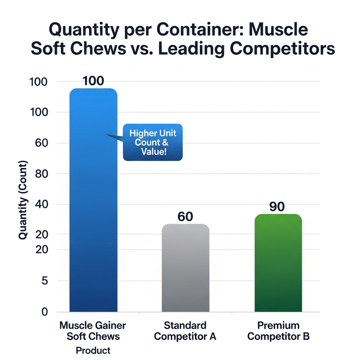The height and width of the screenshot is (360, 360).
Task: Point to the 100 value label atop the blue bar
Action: [93, 81]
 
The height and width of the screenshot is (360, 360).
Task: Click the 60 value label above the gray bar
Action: [185, 217]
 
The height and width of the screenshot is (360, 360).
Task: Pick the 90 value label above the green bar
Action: [277, 207]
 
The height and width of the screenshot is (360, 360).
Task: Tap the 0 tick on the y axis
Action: [44, 312]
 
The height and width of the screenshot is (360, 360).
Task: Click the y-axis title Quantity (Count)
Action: [23, 200]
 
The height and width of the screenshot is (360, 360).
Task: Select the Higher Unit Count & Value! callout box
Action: [153, 142]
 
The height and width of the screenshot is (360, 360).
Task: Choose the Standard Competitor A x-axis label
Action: [185, 331]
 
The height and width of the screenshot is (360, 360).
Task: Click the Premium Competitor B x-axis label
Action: [278, 331]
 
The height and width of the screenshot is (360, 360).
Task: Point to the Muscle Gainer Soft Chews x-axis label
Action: [93, 331]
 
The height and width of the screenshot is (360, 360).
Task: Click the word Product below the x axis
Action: [93, 351]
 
